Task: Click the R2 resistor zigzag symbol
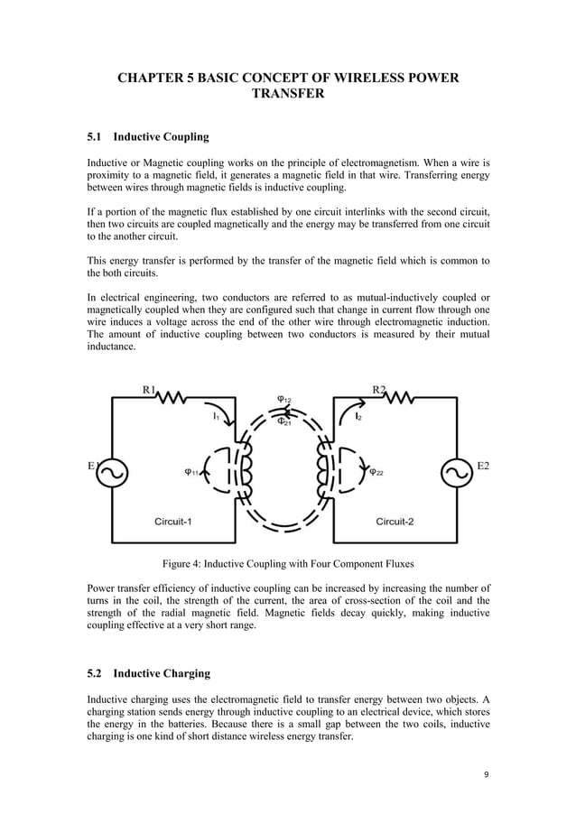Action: [403, 397]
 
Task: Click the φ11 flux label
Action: [191, 470]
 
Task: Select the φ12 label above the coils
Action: [283, 400]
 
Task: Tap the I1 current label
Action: [216, 417]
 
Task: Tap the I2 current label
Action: [359, 417]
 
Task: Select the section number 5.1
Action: [95, 137]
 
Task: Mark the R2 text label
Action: [380, 390]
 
